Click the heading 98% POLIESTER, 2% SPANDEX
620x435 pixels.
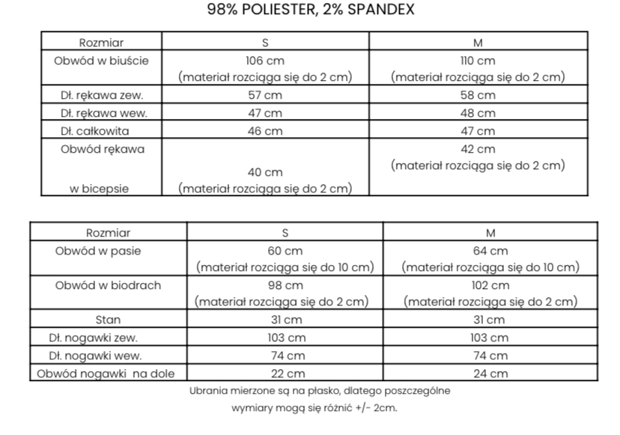click(310, 10)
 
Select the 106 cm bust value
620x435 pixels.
click(265, 61)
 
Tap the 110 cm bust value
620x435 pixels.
click(477, 61)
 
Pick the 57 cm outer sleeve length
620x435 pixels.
click(265, 95)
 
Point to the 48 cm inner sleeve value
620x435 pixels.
click(477, 113)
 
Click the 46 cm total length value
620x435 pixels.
click(265, 131)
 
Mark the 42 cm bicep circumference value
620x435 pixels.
click(477, 149)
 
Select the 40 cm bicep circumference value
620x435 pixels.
click(265, 172)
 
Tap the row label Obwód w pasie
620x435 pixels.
click(108, 251)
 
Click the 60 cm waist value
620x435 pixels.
click(285, 251)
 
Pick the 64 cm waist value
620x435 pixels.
click(490, 251)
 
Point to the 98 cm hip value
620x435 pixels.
click(285, 285)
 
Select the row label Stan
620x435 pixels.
click(108, 319)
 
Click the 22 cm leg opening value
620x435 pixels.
click(285, 374)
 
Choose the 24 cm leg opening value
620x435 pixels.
click(490, 374)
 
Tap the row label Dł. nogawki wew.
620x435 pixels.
click(108, 356)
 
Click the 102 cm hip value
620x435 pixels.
click(490, 285)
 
